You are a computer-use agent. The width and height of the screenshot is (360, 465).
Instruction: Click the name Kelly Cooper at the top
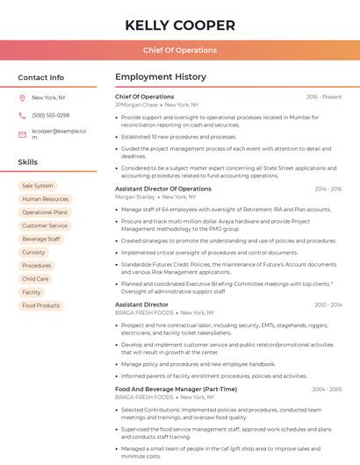[x=179, y=24]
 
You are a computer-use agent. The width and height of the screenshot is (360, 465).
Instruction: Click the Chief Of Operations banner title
[x=179, y=50]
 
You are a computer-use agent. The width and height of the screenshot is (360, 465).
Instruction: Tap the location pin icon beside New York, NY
[x=22, y=97]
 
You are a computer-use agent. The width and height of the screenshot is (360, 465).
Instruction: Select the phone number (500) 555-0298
[x=50, y=115]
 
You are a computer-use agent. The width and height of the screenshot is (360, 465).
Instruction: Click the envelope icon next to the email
[x=22, y=134]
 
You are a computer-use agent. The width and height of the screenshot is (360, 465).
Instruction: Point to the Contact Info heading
[x=41, y=77]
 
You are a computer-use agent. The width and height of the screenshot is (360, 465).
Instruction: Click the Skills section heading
[x=28, y=162]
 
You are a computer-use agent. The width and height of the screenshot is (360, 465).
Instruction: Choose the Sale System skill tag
[x=37, y=186]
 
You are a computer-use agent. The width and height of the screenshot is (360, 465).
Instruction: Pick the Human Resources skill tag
[x=45, y=199]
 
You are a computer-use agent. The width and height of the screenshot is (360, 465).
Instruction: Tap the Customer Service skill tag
[x=45, y=225]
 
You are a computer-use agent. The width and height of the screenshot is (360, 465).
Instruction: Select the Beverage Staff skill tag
[x=40, y=239]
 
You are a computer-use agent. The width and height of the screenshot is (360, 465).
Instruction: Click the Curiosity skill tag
[x=33, y=252]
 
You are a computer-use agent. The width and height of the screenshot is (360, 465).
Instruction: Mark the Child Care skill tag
[x=35, y=279]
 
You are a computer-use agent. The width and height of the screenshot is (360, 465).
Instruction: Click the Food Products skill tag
[x=40, y=305]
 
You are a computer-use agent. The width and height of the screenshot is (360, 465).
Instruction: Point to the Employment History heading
[x=161, y=77]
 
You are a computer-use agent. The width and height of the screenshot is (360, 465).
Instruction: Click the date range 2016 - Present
[x=324, y=97]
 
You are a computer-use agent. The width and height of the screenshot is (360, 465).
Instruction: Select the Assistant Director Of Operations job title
[x=163, y=189]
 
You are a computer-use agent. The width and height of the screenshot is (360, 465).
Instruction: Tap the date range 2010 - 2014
[x=328, y=304]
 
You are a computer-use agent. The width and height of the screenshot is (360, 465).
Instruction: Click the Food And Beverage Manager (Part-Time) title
[x=176, y=389]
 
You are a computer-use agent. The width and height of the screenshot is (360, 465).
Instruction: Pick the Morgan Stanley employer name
[x=133, y=197]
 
